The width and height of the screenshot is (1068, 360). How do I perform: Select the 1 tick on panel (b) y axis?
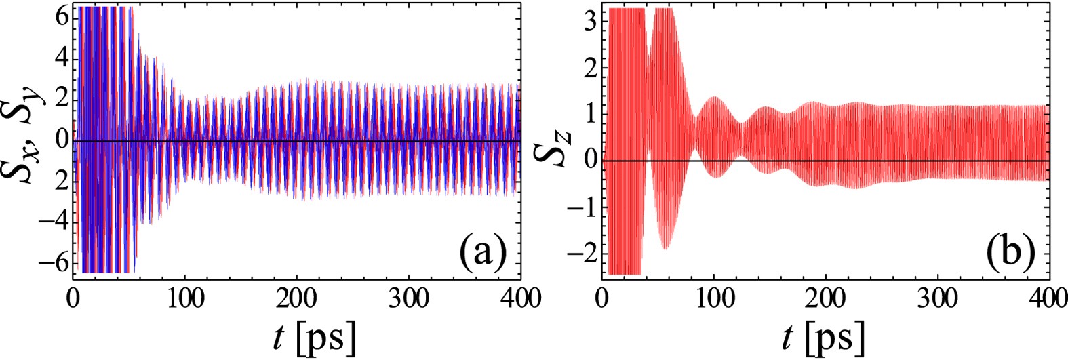point(591,113)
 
